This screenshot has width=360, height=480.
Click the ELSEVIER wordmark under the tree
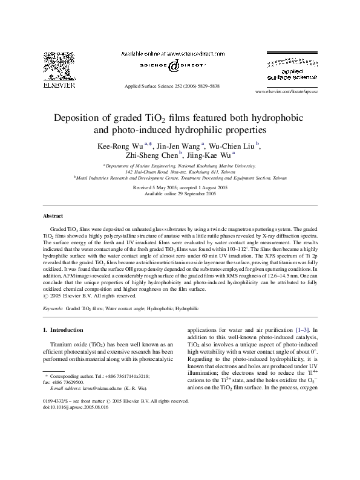59,86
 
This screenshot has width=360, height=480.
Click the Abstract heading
53,216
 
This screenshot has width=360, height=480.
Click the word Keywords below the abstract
53,308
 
